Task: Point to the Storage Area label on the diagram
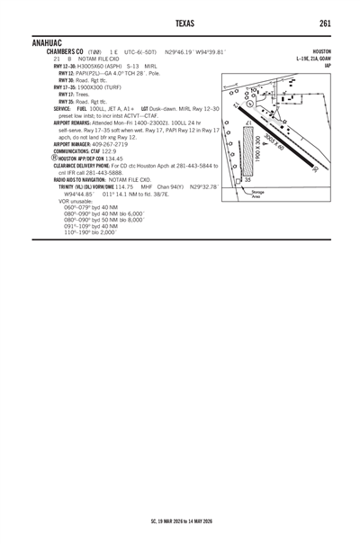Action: click(x=258, y=193)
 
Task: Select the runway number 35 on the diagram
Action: click(x=247, y=181)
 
